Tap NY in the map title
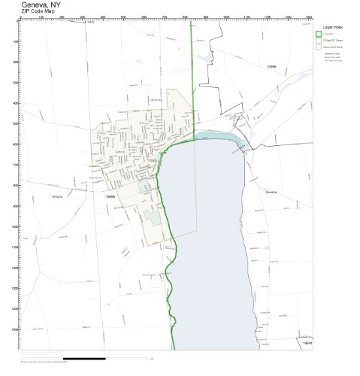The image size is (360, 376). coord(54,4)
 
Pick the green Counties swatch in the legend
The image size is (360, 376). coord(318,34)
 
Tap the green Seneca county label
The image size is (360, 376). coord(271,192)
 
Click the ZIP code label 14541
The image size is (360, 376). coord(307,343)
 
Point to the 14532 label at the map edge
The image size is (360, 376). coord(90,23)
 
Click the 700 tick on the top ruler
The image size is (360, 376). coord(165,17)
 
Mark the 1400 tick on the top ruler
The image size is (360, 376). coord(308,17)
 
